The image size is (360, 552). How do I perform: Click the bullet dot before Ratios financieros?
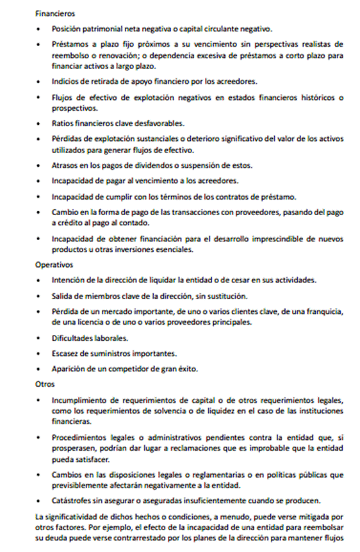(40, 123)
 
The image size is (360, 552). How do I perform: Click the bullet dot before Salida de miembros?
(40, 296)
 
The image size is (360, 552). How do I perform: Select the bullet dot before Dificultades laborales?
(40, 337)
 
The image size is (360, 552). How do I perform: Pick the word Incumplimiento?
(83, 400)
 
